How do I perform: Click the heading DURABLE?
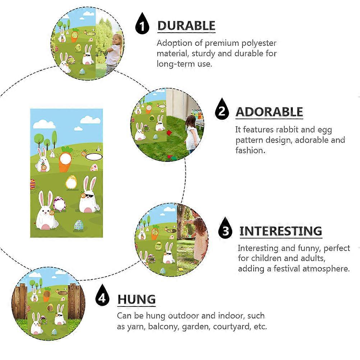pyautogui.click(x=186, y=26)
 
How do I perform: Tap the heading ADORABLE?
pyautogui.click(x=269, y=112)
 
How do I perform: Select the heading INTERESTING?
pyautogui.click(x=281, y=231)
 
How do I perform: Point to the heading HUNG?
pyautogui.click(x=137, y=299)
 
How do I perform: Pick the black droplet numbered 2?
pyautogui.click(x=222, y=109)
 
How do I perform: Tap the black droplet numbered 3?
pyautogui.click(x=226, y=228)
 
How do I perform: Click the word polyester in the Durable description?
pyautogui.click(x=257, y=43)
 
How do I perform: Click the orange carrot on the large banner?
pyautogui.click(x=65, y=160)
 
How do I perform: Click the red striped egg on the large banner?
pyautogui.click(x=33, y=184)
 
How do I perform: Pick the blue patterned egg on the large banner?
pyautogui.click(x=78, y=225)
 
